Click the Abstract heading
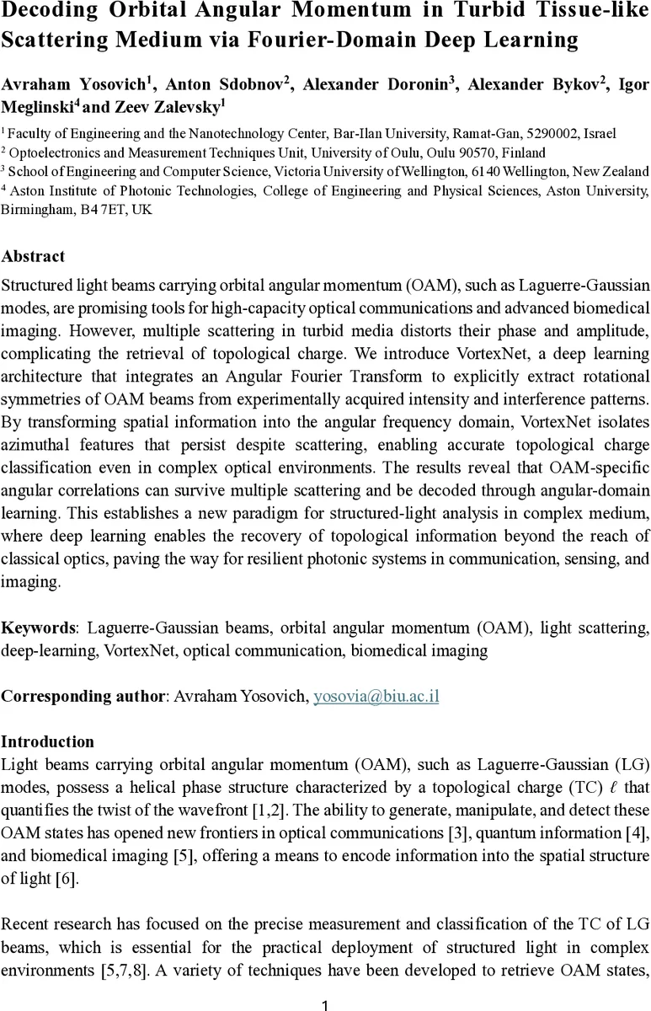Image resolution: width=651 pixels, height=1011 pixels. [32, 256]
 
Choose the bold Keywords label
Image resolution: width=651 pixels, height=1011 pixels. [39, 628]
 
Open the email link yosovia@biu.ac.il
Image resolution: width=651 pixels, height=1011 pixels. [376, 697]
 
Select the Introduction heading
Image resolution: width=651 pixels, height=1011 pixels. [47, 742]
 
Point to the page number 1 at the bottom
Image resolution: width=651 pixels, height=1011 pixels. [325, 1004]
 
